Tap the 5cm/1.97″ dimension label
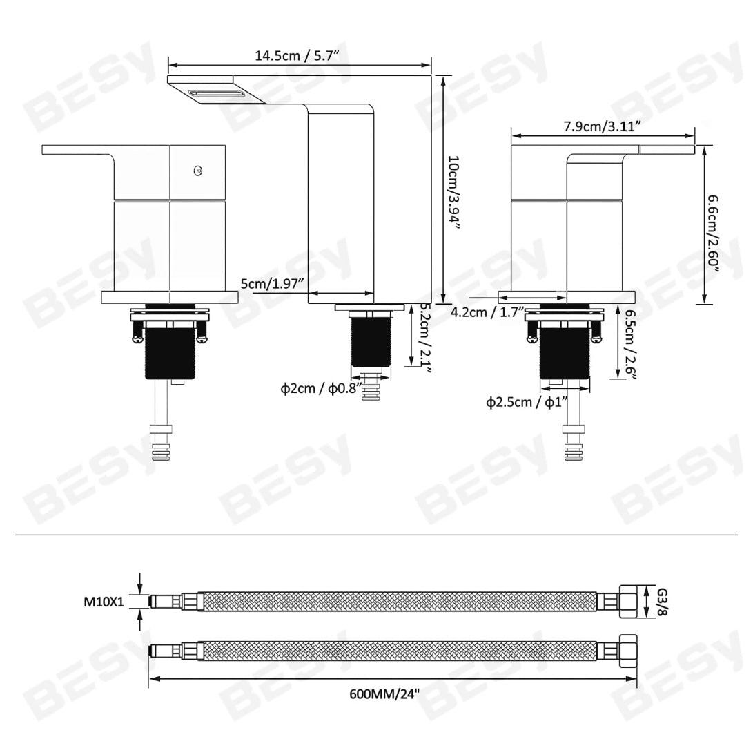[272, 283]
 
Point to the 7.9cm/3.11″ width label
[603, 126]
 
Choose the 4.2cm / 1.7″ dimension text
[487, 312]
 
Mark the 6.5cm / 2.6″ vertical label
[629, 343]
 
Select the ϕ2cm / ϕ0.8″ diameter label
[320, 389]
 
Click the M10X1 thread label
[104, 602]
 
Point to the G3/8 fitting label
[661, 601]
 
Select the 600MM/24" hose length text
[384, 693]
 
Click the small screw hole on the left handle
[199, 170]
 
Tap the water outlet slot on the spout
[217, 93]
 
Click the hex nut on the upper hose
[627, 601]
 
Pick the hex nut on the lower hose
[627, 651]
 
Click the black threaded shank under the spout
[371, 342]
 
